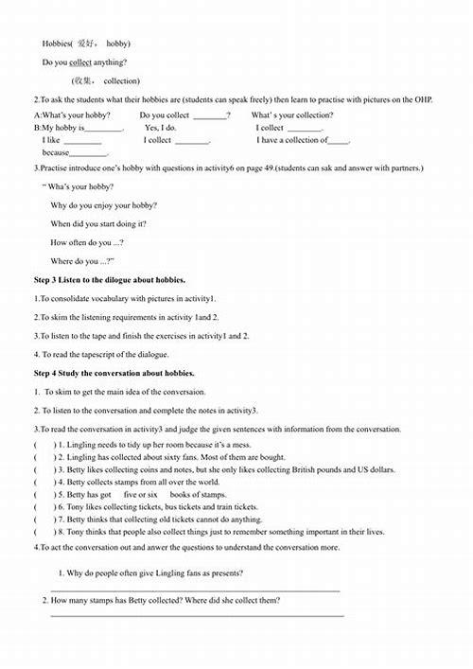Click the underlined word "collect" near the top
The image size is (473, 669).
click(81, 62)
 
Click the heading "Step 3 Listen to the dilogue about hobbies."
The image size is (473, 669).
click(110, 280)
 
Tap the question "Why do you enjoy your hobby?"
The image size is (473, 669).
click(104, 205)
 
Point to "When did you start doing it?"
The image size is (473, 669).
click(98, 224)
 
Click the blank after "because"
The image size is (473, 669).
click(90, 153)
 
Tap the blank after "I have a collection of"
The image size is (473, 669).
click(339, 141)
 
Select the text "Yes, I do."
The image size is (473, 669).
click(161, 128)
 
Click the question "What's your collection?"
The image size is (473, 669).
click(292, 115)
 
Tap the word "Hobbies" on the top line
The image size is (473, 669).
click(57, 44)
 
